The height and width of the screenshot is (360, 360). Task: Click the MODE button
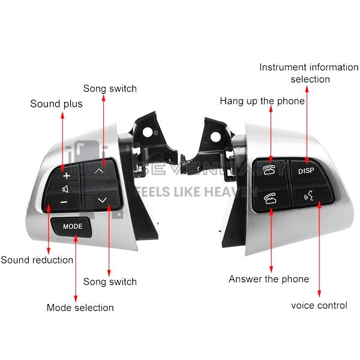73,226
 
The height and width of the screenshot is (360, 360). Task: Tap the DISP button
306,170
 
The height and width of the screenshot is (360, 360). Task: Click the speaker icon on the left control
65,188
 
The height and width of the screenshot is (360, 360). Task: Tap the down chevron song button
101,199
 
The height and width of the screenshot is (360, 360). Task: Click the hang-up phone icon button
268,170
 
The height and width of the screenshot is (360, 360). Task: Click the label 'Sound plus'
56,104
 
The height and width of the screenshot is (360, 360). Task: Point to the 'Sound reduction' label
37,260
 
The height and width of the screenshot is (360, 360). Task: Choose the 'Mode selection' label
80,308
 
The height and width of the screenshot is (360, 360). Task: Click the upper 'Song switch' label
110,88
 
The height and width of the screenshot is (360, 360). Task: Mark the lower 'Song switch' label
110,281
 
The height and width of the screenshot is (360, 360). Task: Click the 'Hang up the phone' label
262,101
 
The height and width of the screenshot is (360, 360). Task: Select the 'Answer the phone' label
269,279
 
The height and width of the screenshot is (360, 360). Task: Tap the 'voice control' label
319,305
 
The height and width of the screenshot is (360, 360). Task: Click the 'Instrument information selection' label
309,73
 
